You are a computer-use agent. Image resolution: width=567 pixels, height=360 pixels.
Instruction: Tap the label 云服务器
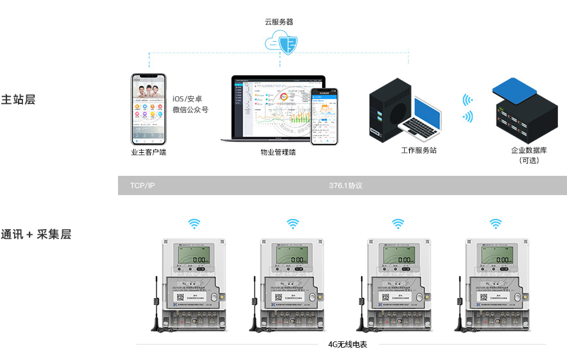pyautogui.click(x=279, y=21)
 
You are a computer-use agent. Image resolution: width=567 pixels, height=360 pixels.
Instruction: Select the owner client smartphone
pyautogui.click(x=149, y=108)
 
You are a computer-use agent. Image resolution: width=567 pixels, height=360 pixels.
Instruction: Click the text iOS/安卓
pyautogui.click(x=187, y=99)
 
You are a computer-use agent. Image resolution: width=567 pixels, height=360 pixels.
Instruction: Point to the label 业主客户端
pyautogui.click(x=148, y=153)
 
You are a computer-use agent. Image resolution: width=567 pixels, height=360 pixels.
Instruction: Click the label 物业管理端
pyautogui.click(x=278, y=153)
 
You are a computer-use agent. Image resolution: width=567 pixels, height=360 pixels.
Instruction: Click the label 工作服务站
pyautogui.click(x=419, y=150)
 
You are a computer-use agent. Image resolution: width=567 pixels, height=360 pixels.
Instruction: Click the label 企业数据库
pyautogui.click(x=529, y=150)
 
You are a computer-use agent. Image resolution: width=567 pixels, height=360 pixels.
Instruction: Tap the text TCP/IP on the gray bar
pyautogui.click(x=142, y=185)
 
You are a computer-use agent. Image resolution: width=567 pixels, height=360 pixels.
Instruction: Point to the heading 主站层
pyautogui.click(x=18, y=100)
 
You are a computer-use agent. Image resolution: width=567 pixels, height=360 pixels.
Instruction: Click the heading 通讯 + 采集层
pyautogui.click(x=36, y=234)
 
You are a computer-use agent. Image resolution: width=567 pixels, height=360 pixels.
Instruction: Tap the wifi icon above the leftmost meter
pyautogui.click(x=194, y=223)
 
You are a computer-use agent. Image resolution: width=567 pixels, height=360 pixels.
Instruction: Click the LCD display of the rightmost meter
pyautogui.click(x=498, y=257)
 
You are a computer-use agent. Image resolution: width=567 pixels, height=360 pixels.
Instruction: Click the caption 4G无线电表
pyautogui.click(x=347, y=345)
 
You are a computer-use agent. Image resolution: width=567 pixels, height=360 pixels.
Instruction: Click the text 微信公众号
pyautogui.click(x=190, y=110)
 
